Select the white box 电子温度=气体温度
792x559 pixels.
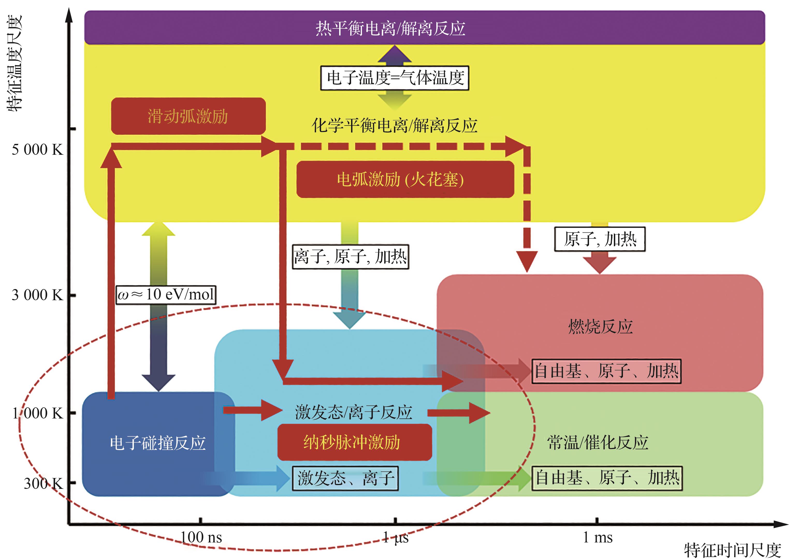pyautogui.click(x=395, y=78)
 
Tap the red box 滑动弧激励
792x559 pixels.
pyautogui.click(x=188, y=116)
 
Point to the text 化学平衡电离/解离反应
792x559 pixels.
pyautogui.click(x=394, y=126)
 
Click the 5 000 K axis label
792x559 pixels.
pyautogui.click(x=37, y=150)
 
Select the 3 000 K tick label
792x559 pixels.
pyautogui.click(x=37, y=295)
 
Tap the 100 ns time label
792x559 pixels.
pyautogui.click(x=201, y=537)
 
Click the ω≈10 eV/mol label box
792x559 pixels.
pyautogui.click(x=166, y=295)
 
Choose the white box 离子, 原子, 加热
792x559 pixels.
pyautogui.click(x=351, y=257)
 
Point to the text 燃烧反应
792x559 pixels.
pyautogui.click(x=600, y=327)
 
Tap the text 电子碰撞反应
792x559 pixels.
pyautogui.click(x=158, y=443)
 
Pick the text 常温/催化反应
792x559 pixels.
pyautogui.click(x=598, y=443)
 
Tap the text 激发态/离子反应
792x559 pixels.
pyautogui.click(x=354, y=412)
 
